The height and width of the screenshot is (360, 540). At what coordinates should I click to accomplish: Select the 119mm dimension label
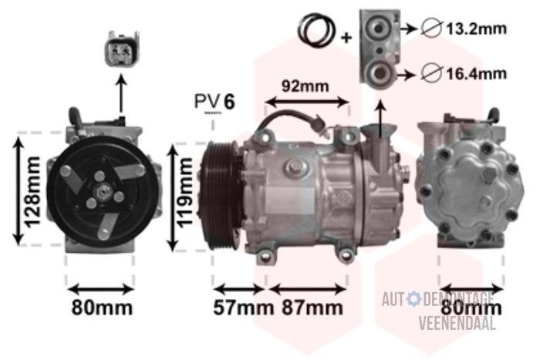[x=185, y=193]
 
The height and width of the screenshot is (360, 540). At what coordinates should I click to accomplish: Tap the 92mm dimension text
[x=305, y=86]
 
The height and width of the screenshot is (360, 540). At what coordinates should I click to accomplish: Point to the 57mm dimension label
[x=243, y=308]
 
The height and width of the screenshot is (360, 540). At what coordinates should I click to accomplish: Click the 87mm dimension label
[x=312, y=308]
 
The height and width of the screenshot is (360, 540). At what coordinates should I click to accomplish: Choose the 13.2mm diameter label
[x=477, y=29]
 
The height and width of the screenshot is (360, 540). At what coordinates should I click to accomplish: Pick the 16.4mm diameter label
[x=477, y=73]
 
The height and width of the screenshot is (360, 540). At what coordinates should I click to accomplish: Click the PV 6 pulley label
[x=214, y=101]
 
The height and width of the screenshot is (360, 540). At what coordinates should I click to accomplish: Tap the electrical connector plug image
[x=122, y=49]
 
